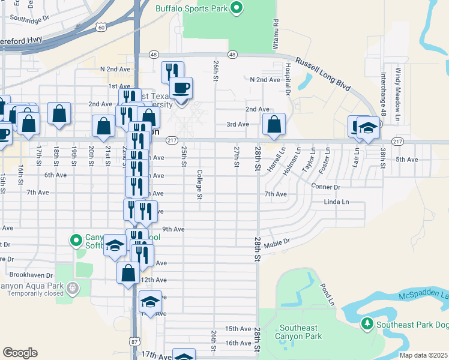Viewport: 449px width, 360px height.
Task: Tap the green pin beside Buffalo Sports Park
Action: [x=237, y=8]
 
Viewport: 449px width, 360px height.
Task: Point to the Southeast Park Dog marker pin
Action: [x=367, y=325]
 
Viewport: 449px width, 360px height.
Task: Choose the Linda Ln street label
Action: [x=336, y=202]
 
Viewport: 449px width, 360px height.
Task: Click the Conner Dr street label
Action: [x=326, y=187]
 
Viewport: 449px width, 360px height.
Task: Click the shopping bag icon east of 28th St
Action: [x=274, y=125]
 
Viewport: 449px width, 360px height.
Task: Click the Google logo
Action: [x=20, y=353]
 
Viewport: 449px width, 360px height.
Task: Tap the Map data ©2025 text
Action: [x=424, y=355]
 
